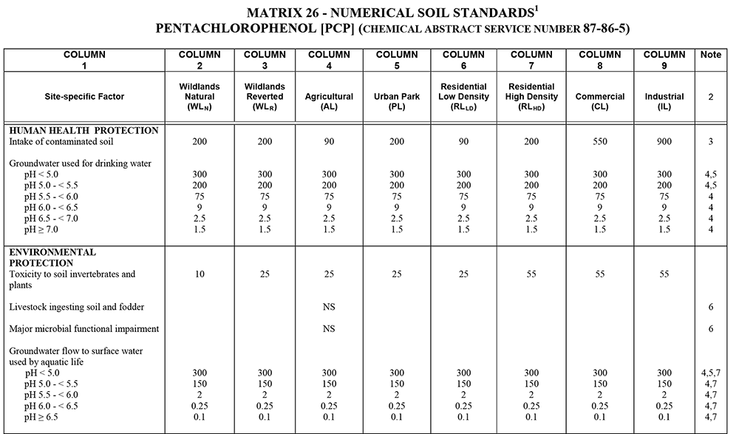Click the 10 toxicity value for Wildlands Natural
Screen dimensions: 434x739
coord(200,274)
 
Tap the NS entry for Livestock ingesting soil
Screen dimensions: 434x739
coord(329,307)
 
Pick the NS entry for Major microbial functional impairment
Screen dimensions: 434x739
coord(329,329)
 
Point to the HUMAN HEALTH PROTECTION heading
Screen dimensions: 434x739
coord(84,131)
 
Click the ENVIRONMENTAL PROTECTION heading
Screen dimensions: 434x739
coord(52,257)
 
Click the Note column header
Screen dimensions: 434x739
coord(710,55)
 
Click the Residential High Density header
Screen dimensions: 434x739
coord(531,97)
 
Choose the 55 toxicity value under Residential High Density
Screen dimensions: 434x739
coord(531,274)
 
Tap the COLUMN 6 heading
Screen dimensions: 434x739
coord(463,60)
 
